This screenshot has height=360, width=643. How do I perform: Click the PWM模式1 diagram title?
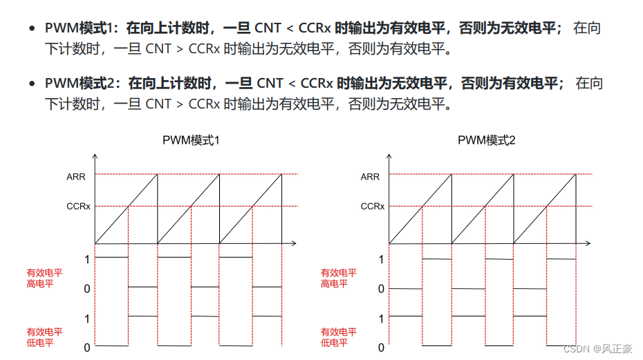[x=191, y=140]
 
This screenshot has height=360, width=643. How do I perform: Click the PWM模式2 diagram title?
[x=486, y=140]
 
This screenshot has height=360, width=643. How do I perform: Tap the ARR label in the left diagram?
[x=76, y=177]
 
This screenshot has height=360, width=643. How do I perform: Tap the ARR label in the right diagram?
[x=370, y=177]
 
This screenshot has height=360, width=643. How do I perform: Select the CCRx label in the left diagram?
[x=78, y=206]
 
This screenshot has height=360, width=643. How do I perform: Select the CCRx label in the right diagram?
[x=373, y=206]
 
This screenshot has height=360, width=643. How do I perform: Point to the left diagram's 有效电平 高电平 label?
[x=44, y=278]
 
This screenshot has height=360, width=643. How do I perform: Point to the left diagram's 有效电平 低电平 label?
[x=44, y=337]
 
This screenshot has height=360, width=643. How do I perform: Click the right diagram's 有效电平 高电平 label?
[x=339, y=278]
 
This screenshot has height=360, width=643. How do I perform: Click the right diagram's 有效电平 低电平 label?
[x=339, y=337]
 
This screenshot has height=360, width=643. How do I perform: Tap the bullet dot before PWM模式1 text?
[x=31, y=29]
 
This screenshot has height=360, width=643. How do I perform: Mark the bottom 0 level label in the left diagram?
[x=87, y=348]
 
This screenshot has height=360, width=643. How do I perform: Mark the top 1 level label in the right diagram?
[x=381, y=259]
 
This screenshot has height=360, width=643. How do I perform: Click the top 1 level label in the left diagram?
[x=87, y=259]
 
